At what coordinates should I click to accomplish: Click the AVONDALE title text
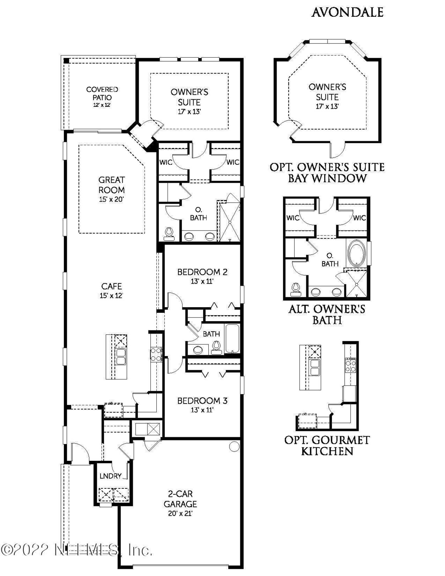[347, 12]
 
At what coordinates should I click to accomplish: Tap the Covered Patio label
[102, 94]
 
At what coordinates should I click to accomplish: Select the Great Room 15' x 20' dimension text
[112, 199]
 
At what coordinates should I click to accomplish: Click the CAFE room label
[112, 286]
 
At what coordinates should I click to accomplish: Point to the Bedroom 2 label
[202, 272]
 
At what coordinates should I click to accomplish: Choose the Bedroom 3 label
[202, 401]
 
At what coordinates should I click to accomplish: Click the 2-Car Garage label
[180, 499]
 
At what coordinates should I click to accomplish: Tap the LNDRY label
[110, 476]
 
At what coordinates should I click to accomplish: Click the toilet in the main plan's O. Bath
[170, 234]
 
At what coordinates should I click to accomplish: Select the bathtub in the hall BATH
[232, 339]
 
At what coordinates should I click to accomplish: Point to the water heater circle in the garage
[234, 446]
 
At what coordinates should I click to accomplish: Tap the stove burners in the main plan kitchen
[156, 354]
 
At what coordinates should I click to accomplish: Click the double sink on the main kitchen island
[120, 356]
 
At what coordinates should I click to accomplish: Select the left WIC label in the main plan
[166, 162]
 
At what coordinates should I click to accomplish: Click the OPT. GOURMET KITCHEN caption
[327, 446]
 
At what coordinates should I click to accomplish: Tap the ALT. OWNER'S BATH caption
[327, 314]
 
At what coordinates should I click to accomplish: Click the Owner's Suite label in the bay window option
[327, 92]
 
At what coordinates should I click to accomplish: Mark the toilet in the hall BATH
[216, 347]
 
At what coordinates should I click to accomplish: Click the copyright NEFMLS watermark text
[76, 550]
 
